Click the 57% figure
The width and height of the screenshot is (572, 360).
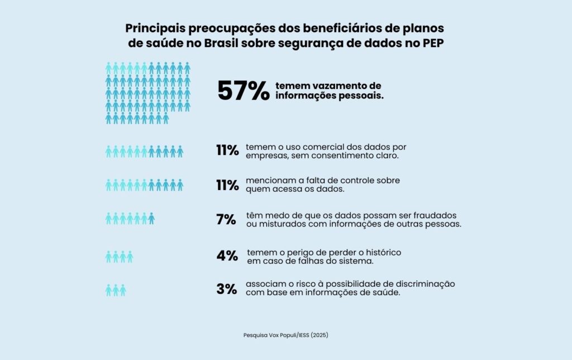click(244, 91)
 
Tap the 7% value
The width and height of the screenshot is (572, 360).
click(226, 220)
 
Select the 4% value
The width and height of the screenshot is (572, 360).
click(227, 256)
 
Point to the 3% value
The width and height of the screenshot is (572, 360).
click(227, 290)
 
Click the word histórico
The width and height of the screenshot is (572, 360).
click(382, 252)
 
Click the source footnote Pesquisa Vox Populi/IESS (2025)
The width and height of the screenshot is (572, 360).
click(285, 335)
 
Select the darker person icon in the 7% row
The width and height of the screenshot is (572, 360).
click(151, 219)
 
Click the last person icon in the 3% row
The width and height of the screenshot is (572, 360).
click(123, 290)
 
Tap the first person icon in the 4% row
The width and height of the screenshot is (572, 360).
click(109, 257)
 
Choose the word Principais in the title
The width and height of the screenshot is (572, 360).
click(154, 28)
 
